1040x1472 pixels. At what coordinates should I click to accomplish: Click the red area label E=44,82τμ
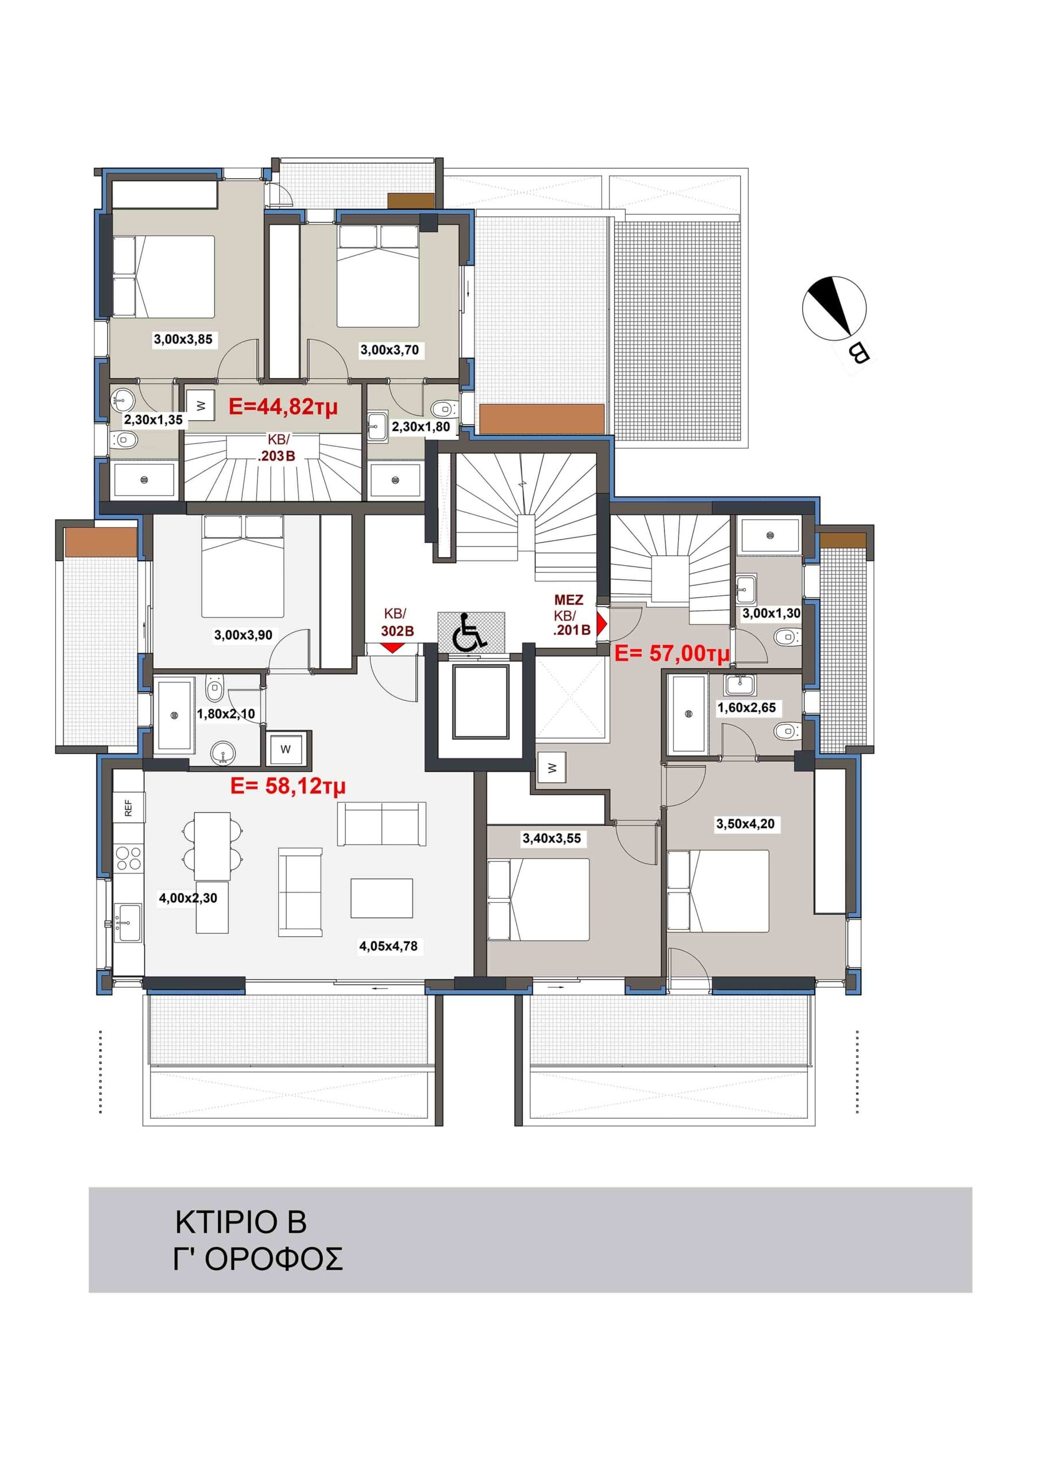(x=283, y=407)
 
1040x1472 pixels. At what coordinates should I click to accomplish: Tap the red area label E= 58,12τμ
(x=288, y=785)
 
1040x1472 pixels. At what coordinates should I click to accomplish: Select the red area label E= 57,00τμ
(x=672, y=653)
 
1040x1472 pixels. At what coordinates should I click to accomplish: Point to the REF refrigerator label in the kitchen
(x=128, y=807)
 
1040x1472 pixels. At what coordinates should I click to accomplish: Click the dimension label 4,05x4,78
(x=388, y=946)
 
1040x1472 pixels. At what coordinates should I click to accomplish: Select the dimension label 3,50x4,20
(x=745, y=824)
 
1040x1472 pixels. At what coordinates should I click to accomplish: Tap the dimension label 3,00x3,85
(x=183, y=339)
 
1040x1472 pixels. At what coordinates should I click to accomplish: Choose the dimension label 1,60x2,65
(x=746, y=708)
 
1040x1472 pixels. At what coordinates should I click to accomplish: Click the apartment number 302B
(x=397, y=631)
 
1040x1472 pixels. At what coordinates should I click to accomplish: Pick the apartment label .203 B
(x=276, y=457)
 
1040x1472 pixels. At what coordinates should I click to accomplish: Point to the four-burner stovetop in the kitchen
(x=128, y=858)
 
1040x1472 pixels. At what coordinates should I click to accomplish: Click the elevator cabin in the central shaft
(x=480, y=702)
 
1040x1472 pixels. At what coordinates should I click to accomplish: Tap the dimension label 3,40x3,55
(x=552, y=838)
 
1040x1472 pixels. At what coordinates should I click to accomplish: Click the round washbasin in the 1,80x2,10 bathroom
(x=222, y=753)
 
